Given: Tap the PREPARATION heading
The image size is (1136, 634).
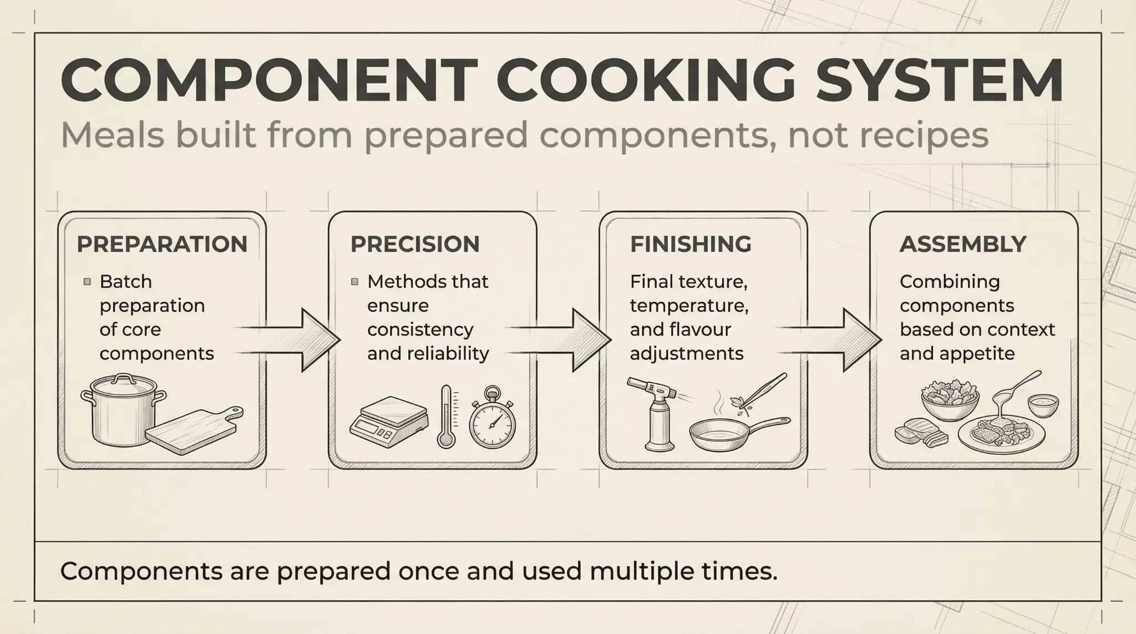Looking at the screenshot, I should coord(162,244).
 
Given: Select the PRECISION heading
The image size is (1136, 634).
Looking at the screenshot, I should coord(415,244).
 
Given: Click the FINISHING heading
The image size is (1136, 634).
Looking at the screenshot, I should coord(691,244).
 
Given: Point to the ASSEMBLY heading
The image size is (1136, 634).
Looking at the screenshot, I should coord(963,244).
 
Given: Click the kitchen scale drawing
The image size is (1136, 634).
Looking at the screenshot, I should coord(389,422).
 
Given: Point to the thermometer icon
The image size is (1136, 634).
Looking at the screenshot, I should coord(447,416).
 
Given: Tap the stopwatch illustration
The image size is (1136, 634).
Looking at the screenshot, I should coord(492,419).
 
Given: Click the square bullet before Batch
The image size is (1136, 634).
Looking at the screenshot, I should coord(87,282).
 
